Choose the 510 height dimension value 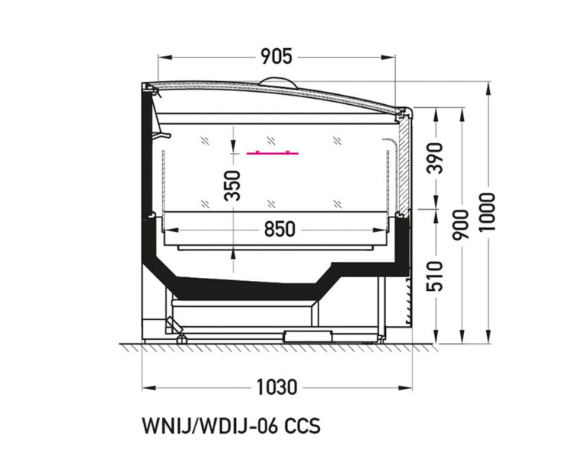[x=436, y=277]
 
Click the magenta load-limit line [x=273, y=153]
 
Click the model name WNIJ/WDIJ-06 [x=208, y=426]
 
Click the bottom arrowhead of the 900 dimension [x=462, y=341]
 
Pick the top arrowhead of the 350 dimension [x=233, y=129]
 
